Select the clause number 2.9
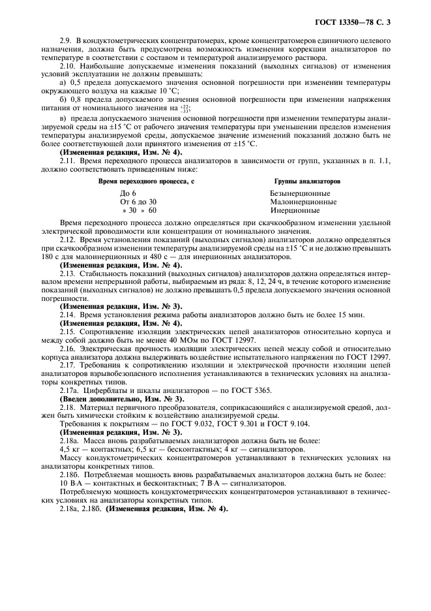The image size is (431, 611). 66,41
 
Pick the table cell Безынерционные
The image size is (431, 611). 299,194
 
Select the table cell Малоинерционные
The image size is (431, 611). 303,202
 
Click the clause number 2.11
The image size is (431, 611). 68,161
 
